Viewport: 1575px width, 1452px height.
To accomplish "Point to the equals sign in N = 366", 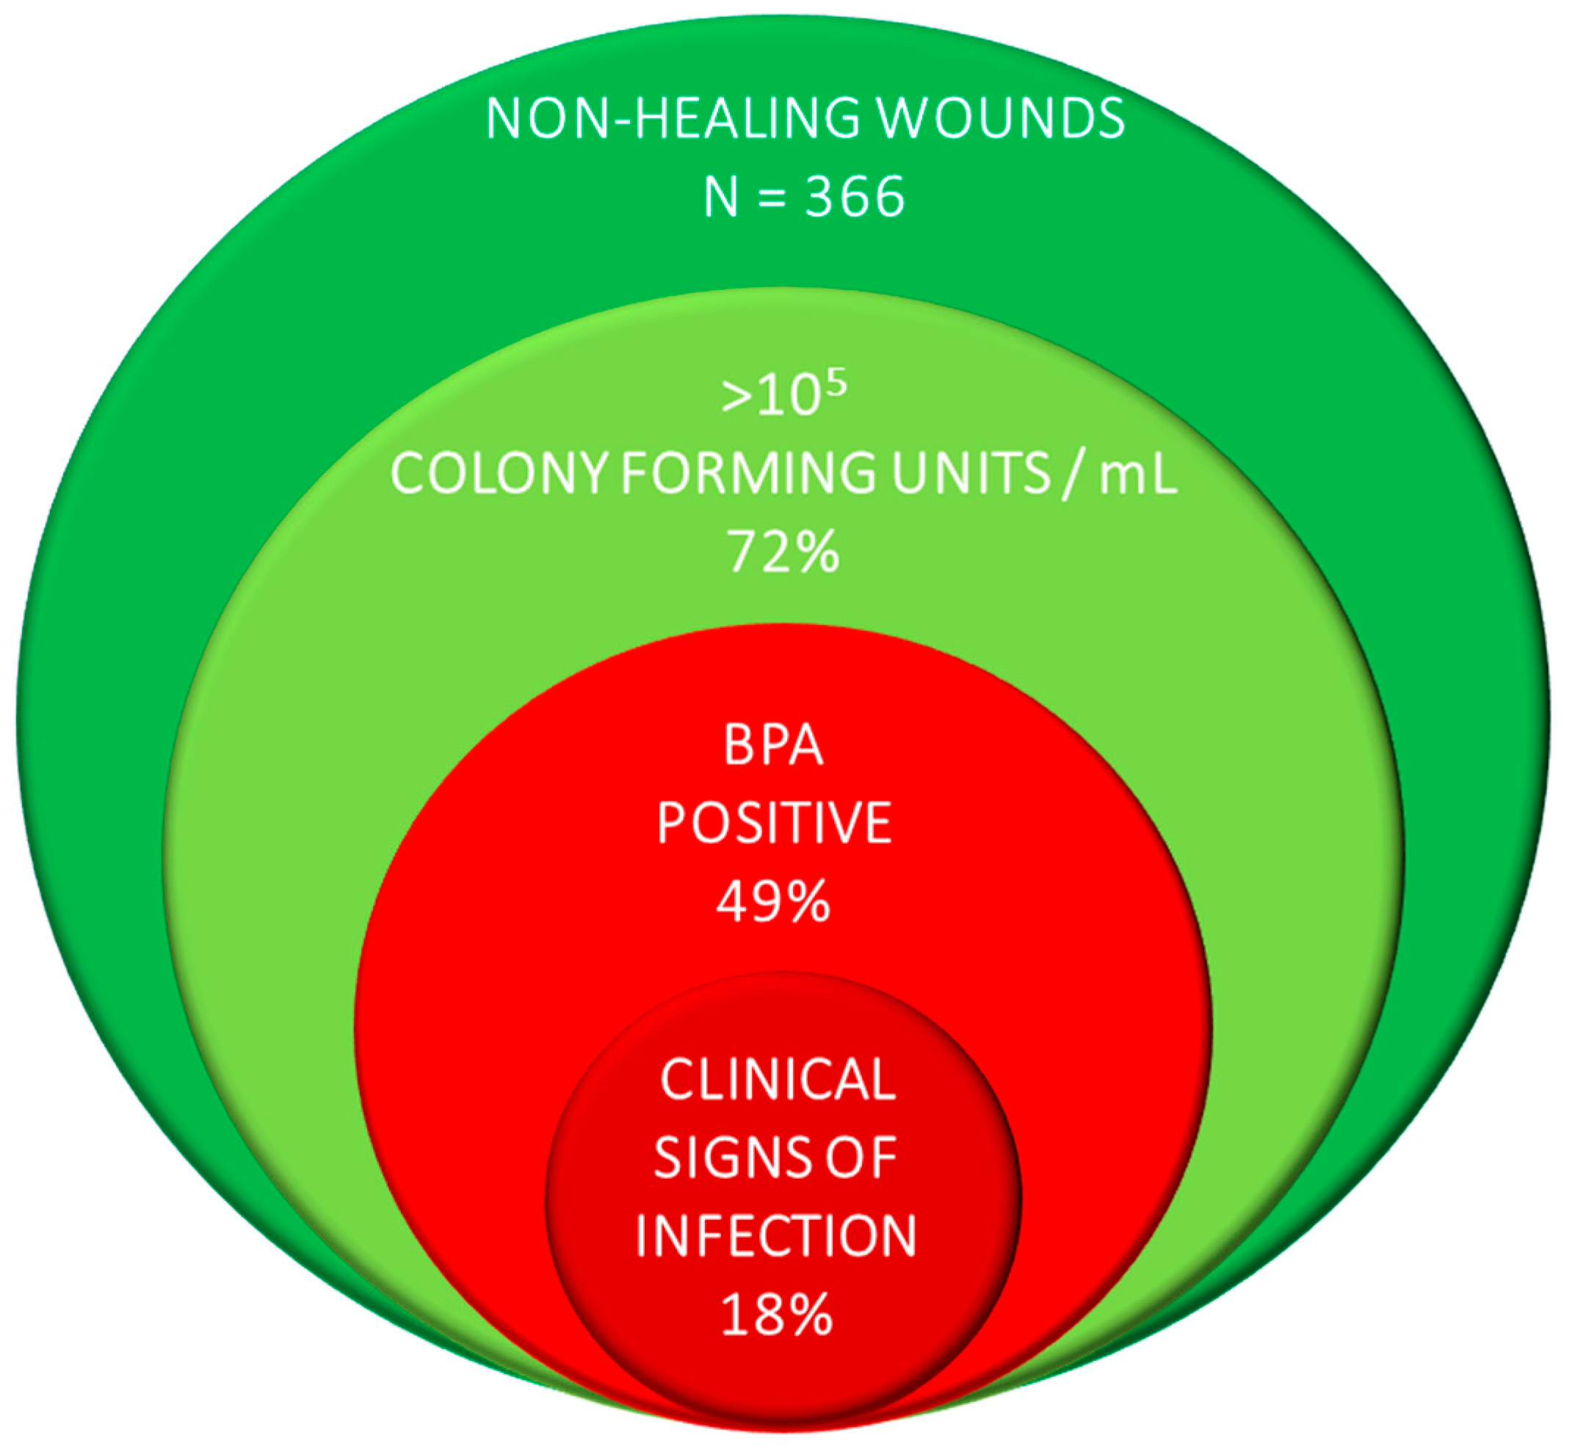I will click(x=772, y=198).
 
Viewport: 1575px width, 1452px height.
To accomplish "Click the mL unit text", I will click(x=1139, y=474).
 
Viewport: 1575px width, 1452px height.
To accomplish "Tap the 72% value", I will click(x=783, y=552).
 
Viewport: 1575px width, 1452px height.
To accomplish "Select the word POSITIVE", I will click(x=774, y=823).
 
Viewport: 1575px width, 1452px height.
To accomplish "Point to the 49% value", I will click(x=773, y=901).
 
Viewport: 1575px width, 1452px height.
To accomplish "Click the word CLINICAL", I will click(x=778, y=1079).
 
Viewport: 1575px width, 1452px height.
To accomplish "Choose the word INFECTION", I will click(x=775, y=1236).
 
